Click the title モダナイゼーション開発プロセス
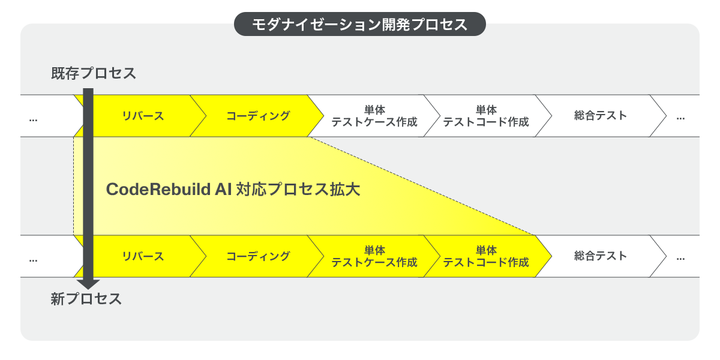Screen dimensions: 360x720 coord(359,25)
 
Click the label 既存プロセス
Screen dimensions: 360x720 coord(94,74)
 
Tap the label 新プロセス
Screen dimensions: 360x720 coord(86,299)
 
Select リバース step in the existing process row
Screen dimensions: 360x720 coord(143,116)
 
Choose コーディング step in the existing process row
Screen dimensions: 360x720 coord(258,116)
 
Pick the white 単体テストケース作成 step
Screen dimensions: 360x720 coord(374,116)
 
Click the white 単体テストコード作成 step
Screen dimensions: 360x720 coord(486,116)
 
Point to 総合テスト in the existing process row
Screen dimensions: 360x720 coord(600,116)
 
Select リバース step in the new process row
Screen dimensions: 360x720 coord(143,256)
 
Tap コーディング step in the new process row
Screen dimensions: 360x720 coord(258,256)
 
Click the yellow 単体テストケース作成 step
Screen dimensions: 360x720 coord(374,256)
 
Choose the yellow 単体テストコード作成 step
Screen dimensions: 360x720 coord(486,256)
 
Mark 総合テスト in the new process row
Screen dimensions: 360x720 coord(600,256)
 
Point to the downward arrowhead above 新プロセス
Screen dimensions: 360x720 coord(88,283)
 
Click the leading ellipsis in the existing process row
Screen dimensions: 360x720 coord(33,118)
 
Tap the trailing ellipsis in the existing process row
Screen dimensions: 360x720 coord(680,118)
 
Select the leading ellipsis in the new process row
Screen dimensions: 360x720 coord(33,259)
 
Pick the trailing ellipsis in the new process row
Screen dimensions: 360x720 coord(680,259)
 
